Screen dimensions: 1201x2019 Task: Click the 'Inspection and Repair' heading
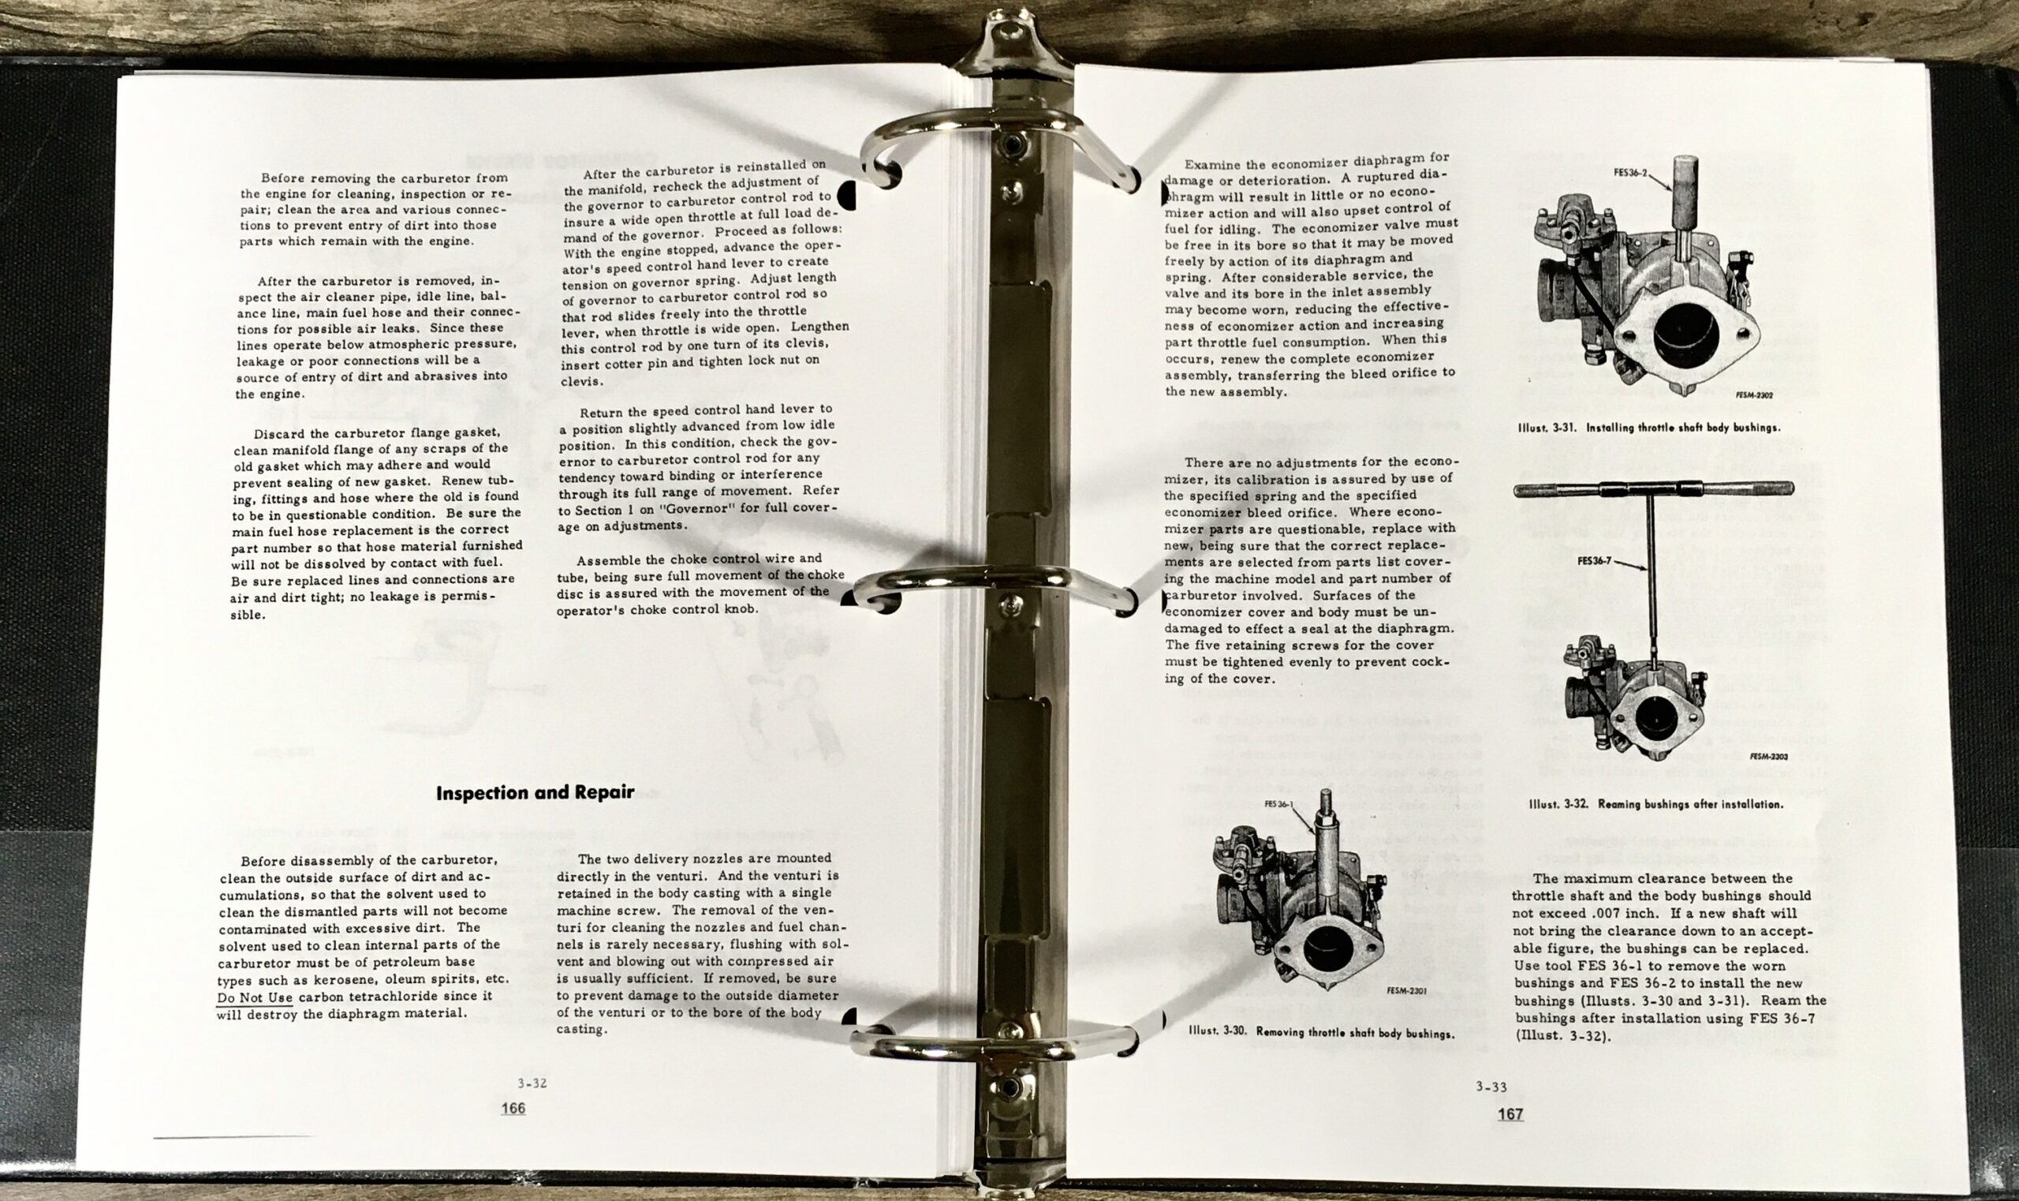pyautogui.click(x=535, y=792)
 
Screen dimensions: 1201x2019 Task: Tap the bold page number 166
pyautogui.click(x=513, y=1108)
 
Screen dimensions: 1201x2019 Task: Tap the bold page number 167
pyautogui.click(x=1510, y=1113)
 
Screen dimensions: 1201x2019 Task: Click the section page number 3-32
pyautogui.click(x=532, y=1083)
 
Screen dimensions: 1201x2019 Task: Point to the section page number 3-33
pyautogui.click(x=1491, y=1087)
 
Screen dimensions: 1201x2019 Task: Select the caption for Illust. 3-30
pyautogui.click(x=1321, y=1033)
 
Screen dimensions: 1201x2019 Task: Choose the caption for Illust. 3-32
pyautogui.click(x=1655, y=804)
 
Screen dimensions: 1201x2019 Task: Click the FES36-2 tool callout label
pyautogui.click(x=1630, y=173)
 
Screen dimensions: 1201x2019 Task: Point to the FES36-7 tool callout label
pyautogui.click(x=1594, y=560)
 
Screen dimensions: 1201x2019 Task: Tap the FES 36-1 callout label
pyautogui.click(x=1279, y=804)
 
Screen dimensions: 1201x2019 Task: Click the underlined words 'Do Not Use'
pyautogui.click(x=254, y=998)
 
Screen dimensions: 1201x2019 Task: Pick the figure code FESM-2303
pyautogui.click(x=1768, y=756)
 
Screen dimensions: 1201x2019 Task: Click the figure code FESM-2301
pyautogui.click(x=1405, y=990)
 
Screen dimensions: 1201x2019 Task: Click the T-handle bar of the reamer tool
pyautogui.click(x=1653, y=488)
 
